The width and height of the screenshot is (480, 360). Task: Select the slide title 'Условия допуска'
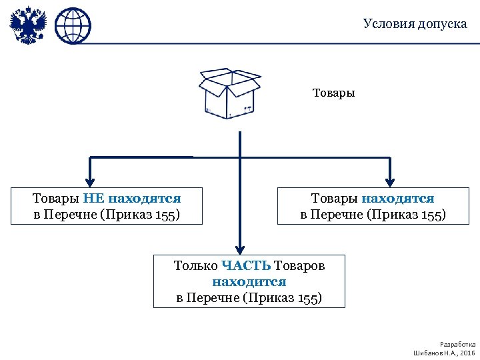pyautogui.click(x=415, y=24)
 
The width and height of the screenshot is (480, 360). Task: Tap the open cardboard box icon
pyautogui.click(x=229, y=93)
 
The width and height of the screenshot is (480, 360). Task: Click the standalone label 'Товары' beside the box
pyautogui.click(x=333, y=93)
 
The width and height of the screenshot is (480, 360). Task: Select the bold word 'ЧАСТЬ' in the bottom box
pyautogui.click(x=245, y=266)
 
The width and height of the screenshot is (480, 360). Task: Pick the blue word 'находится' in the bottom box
pyautogui.click(x=249, y=282)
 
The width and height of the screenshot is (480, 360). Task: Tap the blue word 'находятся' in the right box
pyautogui.click(x=398, y=198)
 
